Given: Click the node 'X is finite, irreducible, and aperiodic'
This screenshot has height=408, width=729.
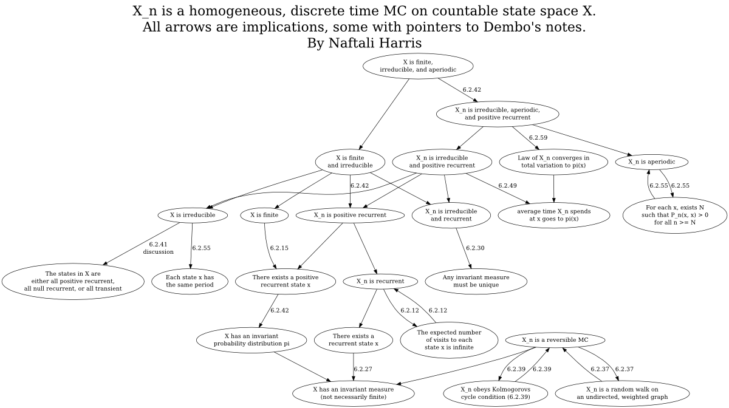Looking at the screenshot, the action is click(418, 66).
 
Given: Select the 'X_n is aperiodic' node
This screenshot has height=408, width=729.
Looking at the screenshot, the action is click(651, 161).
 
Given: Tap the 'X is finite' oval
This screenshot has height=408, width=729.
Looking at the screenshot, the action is click(264, 215).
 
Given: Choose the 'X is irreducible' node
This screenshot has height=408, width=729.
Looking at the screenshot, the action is click(193, 215).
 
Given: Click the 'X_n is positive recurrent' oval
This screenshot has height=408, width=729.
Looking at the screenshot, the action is click(350, 215).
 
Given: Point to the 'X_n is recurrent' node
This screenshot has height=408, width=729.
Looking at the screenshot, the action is click(380, 282).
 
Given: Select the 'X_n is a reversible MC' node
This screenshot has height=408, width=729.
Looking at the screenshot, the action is click(555, 340).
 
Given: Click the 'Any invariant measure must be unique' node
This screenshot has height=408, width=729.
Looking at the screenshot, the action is click(476, 282).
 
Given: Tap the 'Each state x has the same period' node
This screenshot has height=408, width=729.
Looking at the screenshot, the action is click(190, 282).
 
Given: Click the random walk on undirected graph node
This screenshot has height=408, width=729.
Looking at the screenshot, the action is click(622, 393).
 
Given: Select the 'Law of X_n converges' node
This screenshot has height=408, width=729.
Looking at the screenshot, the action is click(553, 161).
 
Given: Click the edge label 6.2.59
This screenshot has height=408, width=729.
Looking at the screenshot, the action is click(538, 138).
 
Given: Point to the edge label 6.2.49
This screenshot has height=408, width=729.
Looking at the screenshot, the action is click(507, 186).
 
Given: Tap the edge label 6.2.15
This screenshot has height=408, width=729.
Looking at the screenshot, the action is click(279, 248).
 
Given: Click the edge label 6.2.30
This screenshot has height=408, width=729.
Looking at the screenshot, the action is click(475, 248).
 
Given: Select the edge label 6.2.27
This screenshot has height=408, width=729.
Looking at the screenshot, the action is click(363, 369).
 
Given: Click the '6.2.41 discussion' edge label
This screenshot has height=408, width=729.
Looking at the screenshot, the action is click(158, 248).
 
